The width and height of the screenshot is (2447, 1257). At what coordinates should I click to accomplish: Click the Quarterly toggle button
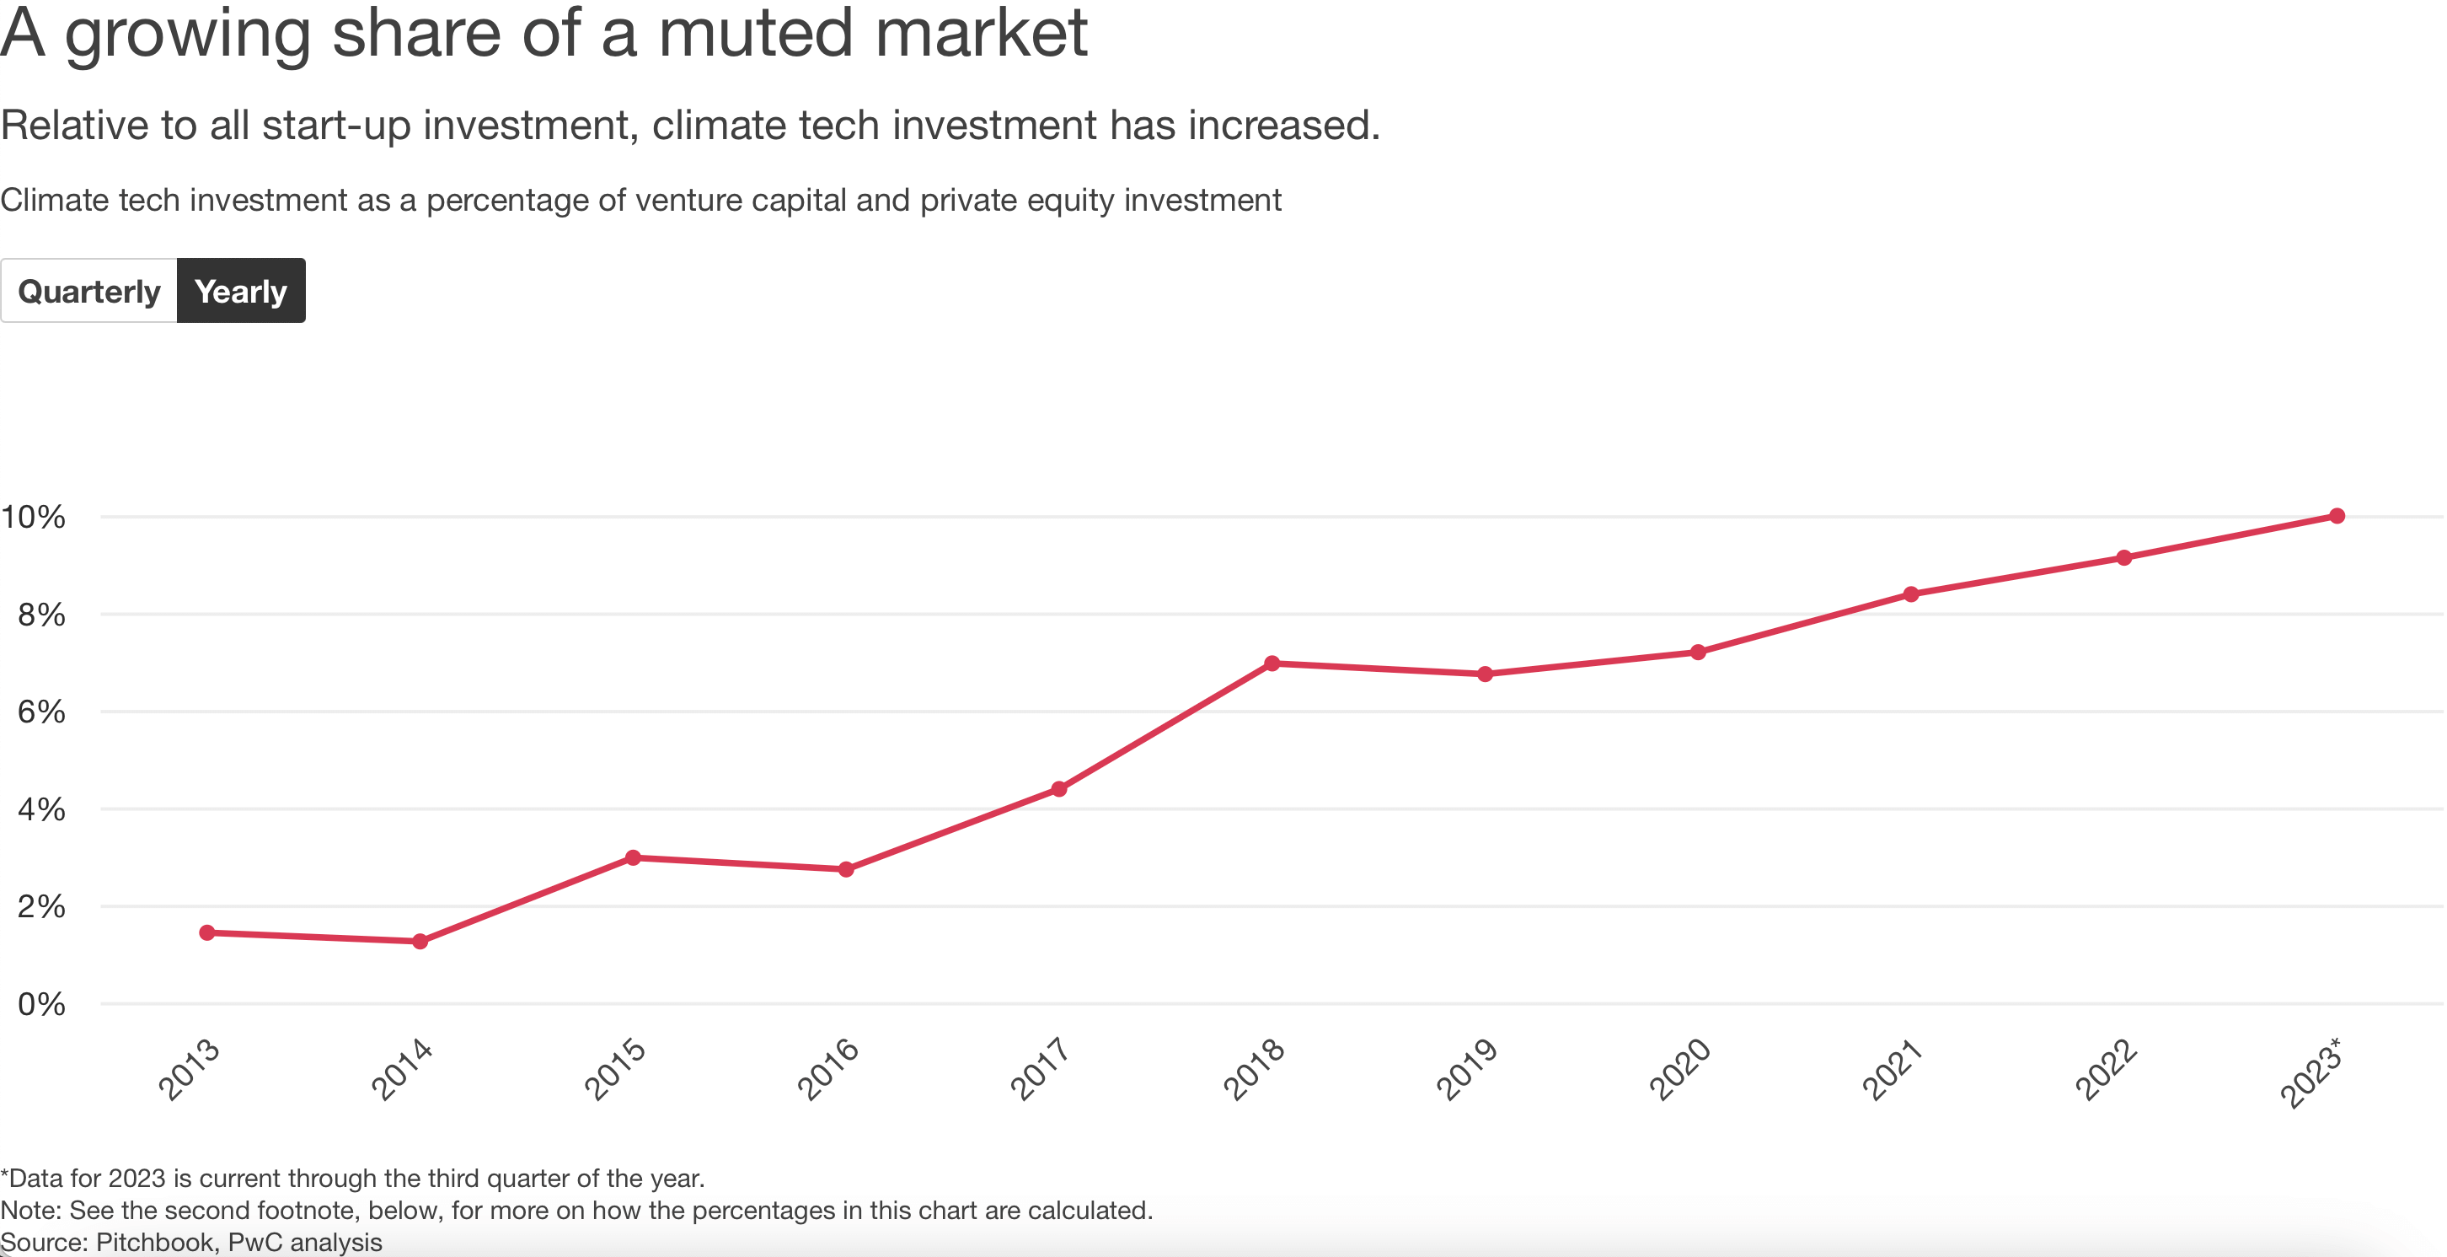(x=89, y=291)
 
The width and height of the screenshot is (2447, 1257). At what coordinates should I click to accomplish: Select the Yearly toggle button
(x=240, y=291)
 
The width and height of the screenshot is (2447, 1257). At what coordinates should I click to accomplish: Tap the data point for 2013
(x=207, y=932)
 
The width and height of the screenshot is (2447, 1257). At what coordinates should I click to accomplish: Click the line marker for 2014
(x=420, y=942)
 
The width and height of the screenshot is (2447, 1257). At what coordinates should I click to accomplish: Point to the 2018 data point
(x=1272, y=663)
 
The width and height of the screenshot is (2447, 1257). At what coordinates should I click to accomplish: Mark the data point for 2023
(x=2337, y=516)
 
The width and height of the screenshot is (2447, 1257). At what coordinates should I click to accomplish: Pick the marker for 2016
(x=846, y=869)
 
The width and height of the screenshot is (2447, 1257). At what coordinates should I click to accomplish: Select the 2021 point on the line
(x=1911, y=594)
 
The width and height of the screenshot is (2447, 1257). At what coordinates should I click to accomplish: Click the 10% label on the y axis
(x=33, y=517)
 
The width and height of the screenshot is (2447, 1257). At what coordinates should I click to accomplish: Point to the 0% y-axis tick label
(x=40, y=1004)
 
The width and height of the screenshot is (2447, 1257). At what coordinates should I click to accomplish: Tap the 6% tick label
(x=40, y=712)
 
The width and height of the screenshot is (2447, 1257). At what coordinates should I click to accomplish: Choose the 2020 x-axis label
(x=1680, y=1069)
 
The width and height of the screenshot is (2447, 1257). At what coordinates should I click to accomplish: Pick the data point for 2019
(x=1485, y=674)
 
